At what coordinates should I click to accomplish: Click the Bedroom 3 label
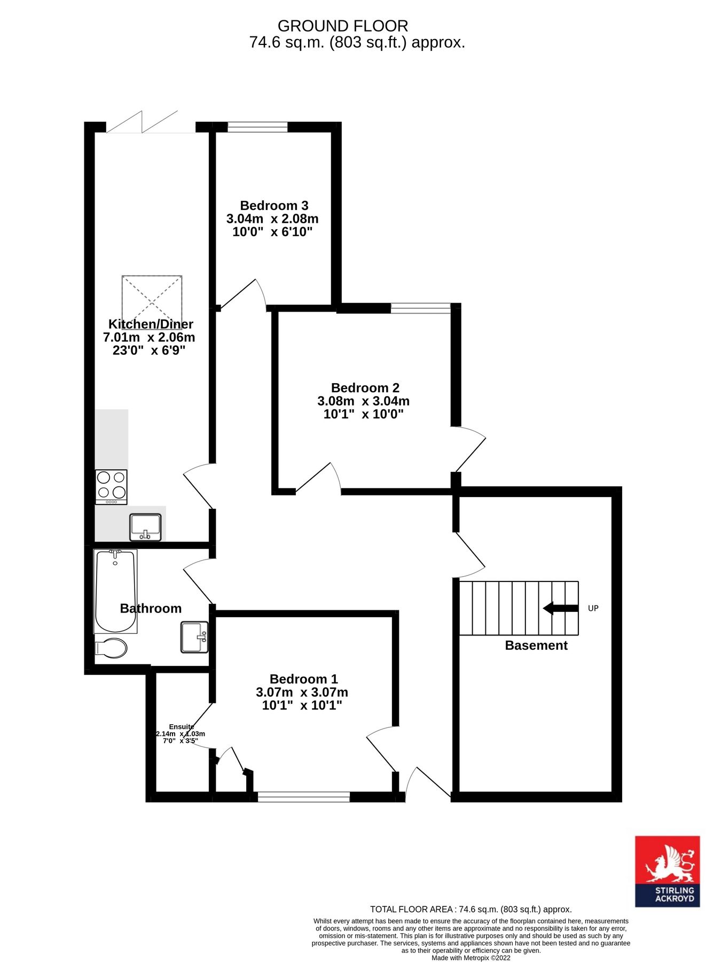tap(274, 205)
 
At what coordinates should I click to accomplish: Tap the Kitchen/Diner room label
tap(151, 324)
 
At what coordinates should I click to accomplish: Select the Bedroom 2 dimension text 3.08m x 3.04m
tap(363, 401)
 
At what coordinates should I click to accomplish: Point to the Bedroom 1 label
tap(303, 679)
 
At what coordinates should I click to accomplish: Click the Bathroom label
tap(151, 608)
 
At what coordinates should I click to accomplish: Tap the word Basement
tap(536, 645)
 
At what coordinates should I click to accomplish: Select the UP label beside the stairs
tap(593, 608)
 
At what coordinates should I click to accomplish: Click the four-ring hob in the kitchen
tap(111, 486)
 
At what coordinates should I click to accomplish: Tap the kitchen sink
tap(145, 527)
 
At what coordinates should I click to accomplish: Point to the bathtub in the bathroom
tap(114, 591)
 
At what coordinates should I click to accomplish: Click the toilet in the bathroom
tap(112, 648)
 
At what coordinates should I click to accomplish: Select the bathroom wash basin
tap(194, 637)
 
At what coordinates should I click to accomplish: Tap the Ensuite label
tap(181, 726)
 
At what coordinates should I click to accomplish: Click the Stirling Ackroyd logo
tap(667, 871)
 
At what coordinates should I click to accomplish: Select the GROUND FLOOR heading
tap(343, 26)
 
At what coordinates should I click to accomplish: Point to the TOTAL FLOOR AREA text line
tap(470, 909)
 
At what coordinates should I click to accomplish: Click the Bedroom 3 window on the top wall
tap(257, 127)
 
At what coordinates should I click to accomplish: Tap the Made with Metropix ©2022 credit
tap(470, 958)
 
